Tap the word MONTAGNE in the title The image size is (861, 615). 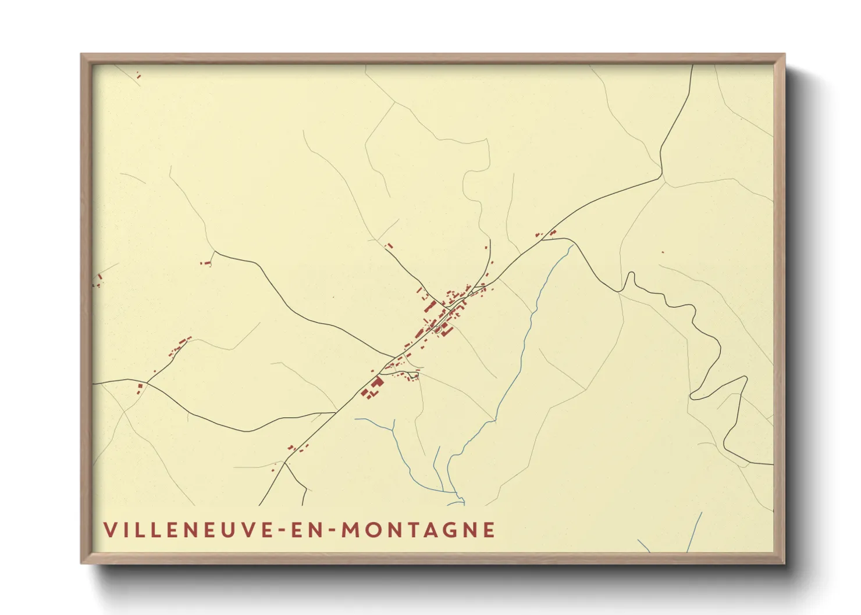417,530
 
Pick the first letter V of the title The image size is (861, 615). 109,530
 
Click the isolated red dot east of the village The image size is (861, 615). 662,252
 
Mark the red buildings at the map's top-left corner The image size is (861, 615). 138,75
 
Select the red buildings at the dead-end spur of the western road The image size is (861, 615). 206,263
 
